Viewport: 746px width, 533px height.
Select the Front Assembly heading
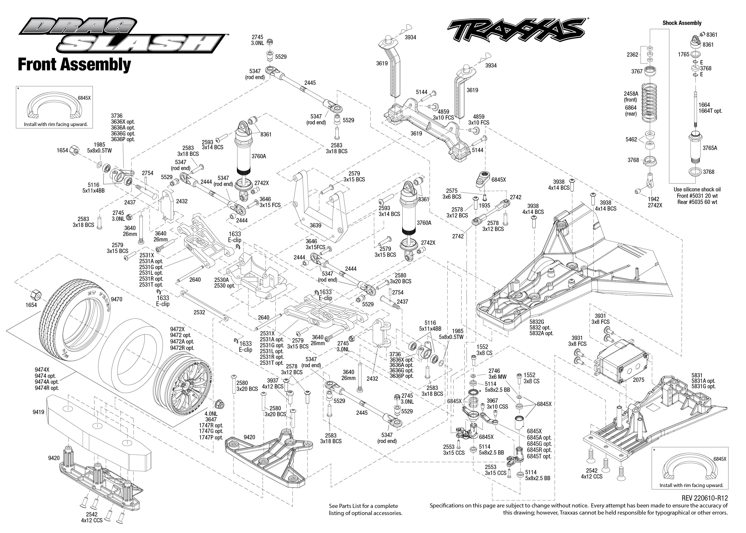coord(74,65)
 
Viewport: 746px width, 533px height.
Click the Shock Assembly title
coord(682,23)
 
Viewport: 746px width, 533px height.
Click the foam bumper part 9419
coord(99,427)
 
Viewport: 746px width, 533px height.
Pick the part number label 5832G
coord(537,322)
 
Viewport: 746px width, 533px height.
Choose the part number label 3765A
coord(710,148)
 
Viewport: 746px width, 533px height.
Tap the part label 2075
coord(638,380)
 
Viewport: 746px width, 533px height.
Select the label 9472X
coord(177,329)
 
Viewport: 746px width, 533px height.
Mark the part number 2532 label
coord(199,312)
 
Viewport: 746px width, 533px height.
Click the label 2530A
coord(221,280)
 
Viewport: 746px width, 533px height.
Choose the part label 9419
coord(38,412)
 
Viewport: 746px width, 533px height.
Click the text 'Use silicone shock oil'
coord(697,189)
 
